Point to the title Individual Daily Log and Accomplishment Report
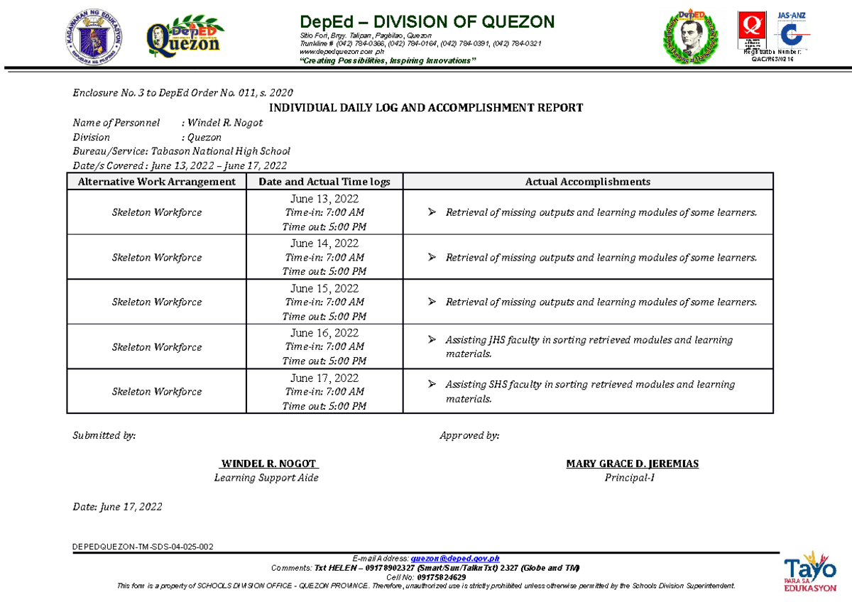click(425, 108)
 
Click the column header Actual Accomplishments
click(587, 182)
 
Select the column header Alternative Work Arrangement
click(156, 182)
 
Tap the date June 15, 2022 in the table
click(324, 288)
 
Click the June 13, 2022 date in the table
click(324, 199)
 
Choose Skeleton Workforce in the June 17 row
click(156, 391)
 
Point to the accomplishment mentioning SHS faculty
click(589, 391)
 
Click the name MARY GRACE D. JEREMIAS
click(632, 464)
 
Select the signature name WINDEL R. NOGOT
click(268, 464)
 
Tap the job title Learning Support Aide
click(266, 478)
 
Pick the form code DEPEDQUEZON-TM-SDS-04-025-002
click(143, 547)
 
